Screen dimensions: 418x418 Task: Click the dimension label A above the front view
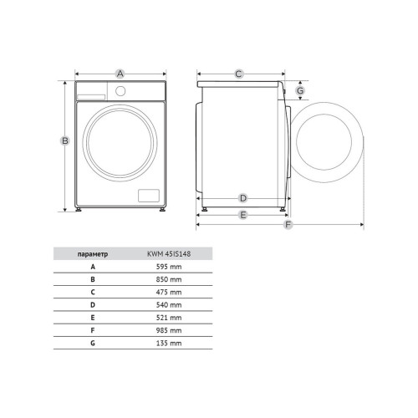pyautogui.click(x=120, y=74)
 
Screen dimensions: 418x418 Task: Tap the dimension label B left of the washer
pyautogui.click(x=65, y=140)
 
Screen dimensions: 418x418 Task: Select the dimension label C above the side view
pyautogui.click(x=238, y=74)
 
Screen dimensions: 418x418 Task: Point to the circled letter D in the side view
pyautogui.click(x=243, y=198)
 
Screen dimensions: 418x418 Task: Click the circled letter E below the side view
pyautogui.click(x=243, y=215)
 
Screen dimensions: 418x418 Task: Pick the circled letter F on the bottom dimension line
pyautogui.click(x=288, y=225)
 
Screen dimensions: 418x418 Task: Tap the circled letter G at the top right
pyautogui.click(x=300, y=90)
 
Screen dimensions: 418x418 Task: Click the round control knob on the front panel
pyautogui.click(x=120, y=91)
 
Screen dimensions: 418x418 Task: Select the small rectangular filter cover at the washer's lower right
pyautogui.click(x=149, y=196)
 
